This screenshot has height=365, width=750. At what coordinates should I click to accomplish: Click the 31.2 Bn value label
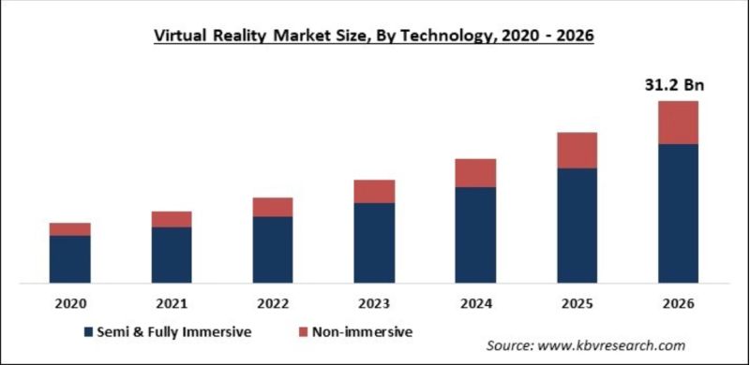677,85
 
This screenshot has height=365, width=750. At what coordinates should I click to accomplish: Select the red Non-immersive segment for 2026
678,123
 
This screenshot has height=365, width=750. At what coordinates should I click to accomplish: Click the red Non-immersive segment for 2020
70,229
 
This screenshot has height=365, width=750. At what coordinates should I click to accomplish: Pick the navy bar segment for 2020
70,258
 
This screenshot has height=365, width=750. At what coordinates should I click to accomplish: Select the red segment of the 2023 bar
374,191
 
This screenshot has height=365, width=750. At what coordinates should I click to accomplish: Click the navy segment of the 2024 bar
475,234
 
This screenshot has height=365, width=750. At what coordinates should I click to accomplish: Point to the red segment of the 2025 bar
577,150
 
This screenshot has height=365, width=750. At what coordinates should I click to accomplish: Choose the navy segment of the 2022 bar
273,249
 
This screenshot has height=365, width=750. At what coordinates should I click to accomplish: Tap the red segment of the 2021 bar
172,219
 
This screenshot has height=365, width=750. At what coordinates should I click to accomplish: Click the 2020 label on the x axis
70,303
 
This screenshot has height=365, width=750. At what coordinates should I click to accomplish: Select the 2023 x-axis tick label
374,303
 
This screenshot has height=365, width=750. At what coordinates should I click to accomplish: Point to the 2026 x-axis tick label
678,303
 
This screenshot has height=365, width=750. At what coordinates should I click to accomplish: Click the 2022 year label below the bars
273,303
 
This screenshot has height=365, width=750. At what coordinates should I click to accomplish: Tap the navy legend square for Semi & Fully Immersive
88,331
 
